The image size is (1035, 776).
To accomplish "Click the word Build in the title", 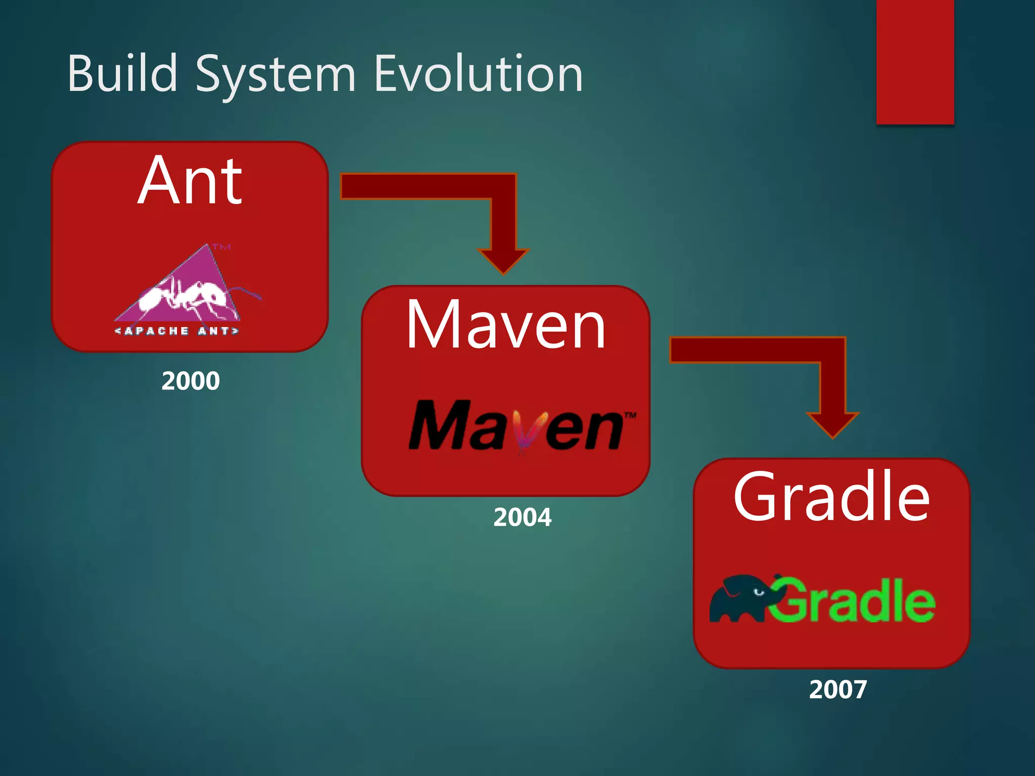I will (x=122, y=74).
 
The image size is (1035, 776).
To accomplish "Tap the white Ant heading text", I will (x=190, y=181).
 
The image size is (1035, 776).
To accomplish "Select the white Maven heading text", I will (x=505, y=324).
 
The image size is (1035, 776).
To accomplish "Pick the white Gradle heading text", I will (x=831, y=497).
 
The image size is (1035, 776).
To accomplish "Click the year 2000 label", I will (x=191, y=381).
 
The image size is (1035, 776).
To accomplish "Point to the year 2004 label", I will (x=522, y=517).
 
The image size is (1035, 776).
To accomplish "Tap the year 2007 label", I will (x=838, y=690).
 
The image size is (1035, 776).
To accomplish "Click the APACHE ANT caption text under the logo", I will (x=176, y=331).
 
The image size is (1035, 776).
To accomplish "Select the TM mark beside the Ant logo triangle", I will (x=221, y=247).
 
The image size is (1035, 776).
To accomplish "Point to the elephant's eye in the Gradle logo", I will (x=758, y=592).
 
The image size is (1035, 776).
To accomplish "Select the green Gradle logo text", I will (x=854, y=601).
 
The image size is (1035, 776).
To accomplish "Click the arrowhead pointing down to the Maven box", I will (x=503, y=260).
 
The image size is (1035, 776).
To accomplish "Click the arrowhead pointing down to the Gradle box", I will (x=832, y=424).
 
